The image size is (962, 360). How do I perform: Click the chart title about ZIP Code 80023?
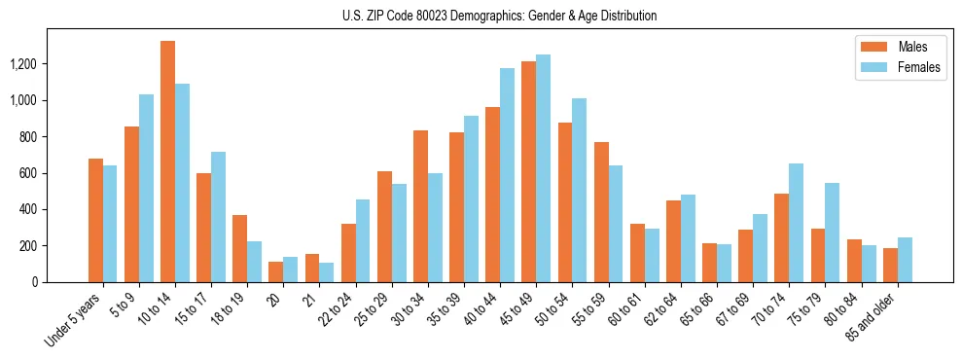click(499, 16)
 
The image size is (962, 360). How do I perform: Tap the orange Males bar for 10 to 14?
click(167, 162)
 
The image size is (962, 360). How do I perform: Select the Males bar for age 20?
click(276, 271)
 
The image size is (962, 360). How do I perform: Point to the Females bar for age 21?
click(327, 272)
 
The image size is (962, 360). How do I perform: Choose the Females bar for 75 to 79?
click(833, 233)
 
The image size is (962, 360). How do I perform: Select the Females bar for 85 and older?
click(905, 260)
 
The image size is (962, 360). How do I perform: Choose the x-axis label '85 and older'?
click(873, 317)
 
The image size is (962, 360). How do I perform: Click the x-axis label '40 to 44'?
click(496, 309)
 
